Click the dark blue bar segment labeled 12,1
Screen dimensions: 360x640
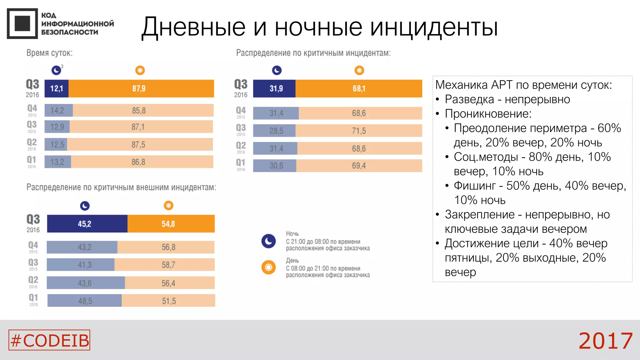click(x=57, y=88)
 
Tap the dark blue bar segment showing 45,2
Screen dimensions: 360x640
click(x=87, y=224)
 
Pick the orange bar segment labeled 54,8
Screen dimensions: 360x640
click(x=171, y=224)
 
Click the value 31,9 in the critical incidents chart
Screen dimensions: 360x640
click(x=276, y=88)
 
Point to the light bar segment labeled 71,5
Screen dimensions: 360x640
click(x=359, y=131)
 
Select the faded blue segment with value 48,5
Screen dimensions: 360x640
click(x=85, y=301)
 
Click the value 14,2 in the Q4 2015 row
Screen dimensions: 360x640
click(x=57, y=111)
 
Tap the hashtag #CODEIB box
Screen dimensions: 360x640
click(x=49, y=340)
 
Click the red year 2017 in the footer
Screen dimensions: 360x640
click(x=605, y=341)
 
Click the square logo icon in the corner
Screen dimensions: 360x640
click(x=22, y=23)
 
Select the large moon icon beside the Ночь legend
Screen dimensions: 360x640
click(x=268, y=241)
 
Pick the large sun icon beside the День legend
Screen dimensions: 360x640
click(x=268, y=267)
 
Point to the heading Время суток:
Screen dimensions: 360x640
click(x=49, y=53)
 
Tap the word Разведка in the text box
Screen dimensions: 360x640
click(x=469, y=99)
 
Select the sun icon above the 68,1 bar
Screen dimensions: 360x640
click(x=359, y=70)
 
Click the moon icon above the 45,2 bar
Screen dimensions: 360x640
click(x=85, y=206)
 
